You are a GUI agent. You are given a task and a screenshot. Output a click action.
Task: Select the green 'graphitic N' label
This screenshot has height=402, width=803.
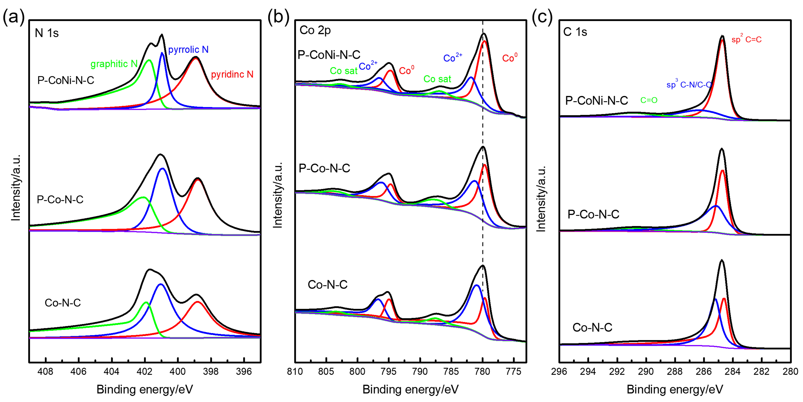tap(114, 64)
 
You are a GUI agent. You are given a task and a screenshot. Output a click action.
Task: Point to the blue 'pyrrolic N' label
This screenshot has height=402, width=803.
tap(188, 50)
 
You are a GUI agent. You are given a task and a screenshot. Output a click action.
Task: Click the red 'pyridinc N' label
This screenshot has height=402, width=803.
tap(232, 74)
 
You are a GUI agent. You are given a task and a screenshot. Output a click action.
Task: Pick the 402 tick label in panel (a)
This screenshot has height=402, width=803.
tap(145, 372)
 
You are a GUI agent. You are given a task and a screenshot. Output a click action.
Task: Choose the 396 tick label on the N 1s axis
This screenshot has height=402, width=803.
tap(244, 372)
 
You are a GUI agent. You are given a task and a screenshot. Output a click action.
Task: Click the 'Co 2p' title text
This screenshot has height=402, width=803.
tap(315, 30)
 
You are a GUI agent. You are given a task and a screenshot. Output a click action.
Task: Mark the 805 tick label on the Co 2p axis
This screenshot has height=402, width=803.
tap(326, 372)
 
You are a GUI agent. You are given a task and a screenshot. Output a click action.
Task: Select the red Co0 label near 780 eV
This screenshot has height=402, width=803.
tap(510, 58)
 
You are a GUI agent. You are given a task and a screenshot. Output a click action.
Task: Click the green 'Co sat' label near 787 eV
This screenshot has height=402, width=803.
tap(437, 79)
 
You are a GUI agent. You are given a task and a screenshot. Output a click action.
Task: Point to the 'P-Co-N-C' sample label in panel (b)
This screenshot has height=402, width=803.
tap(324, 168)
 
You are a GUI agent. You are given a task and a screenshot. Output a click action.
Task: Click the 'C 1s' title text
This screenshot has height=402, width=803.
tap(575, 32)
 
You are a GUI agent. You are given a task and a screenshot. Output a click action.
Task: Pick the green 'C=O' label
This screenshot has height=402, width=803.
tap(649, 100)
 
